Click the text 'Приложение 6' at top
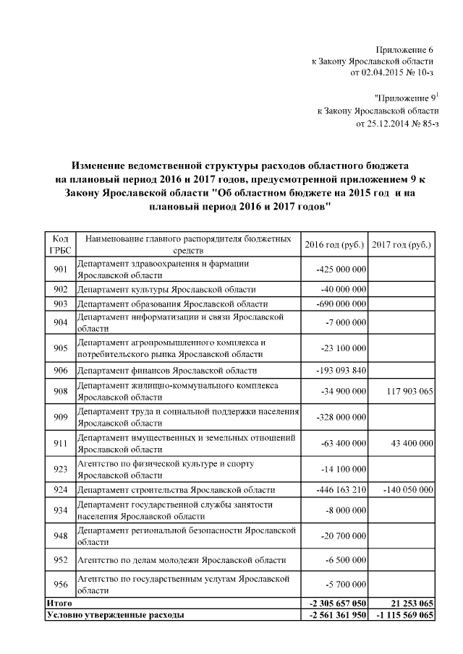(404, 50)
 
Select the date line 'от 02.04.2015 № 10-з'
(391, 73)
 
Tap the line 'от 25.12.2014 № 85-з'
(398, 123)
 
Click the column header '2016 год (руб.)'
(334, 244)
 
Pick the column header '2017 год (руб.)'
(402, 244)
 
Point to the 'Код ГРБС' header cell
(60, 244)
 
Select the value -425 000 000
(342, 270)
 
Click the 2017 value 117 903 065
(405, 391)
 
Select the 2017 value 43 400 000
(409, 443)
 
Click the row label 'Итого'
(59, 602)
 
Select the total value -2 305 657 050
(337, 602)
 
